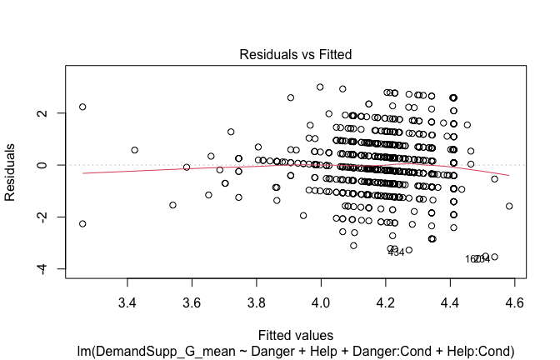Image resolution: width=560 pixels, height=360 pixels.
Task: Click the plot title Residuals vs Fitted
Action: (295, 54)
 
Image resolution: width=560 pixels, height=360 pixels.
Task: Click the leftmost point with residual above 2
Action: (82, 107)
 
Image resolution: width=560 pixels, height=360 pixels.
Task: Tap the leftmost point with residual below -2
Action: (82, 223)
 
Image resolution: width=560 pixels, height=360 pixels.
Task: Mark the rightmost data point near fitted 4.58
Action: (508, 206)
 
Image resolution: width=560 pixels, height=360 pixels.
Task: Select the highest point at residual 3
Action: (320, 87)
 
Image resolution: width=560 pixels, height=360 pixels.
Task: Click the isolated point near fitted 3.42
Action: (134, 150)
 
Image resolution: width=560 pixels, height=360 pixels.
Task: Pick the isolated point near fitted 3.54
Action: (172, 205)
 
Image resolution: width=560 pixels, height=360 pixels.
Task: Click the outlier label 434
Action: (396, 252)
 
